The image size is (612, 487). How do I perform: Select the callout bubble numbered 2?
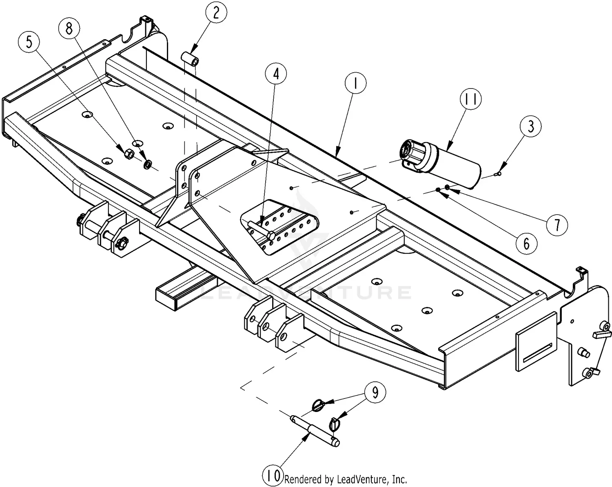coord(215,13)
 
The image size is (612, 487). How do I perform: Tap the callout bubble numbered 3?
coord(530,126)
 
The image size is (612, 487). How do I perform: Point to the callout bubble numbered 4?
coord(276,74)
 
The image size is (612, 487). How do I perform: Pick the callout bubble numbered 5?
coord(29,42)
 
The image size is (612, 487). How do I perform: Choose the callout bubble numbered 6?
coord(526,243)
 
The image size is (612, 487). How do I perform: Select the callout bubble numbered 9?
coord(375,392)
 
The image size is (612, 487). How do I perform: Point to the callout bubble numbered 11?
coord(470,99)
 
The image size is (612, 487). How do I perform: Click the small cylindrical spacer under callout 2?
coord(191,58)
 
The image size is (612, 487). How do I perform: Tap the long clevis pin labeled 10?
coord(314,430)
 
